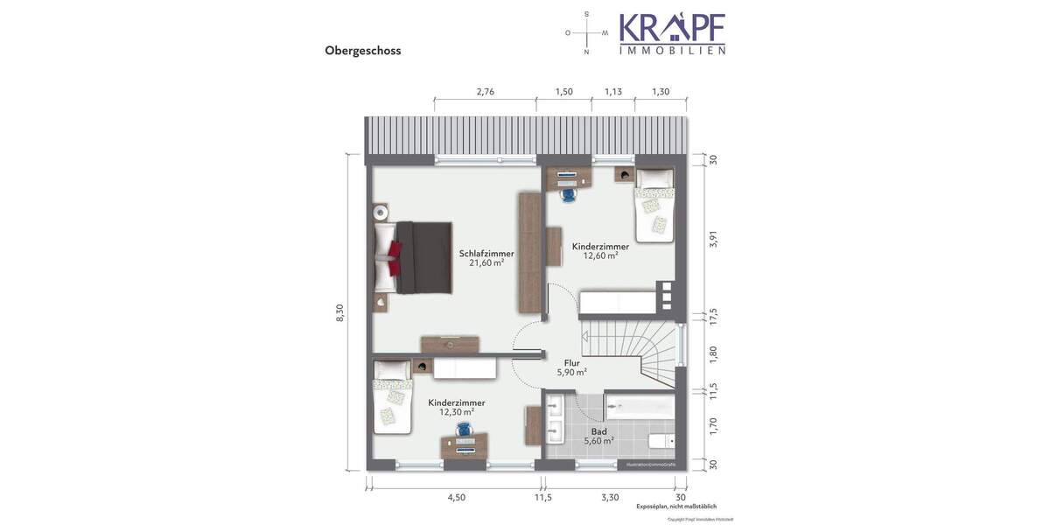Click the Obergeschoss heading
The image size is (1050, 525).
[362, 51]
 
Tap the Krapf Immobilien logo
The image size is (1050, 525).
[672, 34]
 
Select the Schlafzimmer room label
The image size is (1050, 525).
[486, 254]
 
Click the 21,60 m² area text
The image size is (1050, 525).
[486, 262]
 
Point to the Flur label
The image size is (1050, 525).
[572, 362]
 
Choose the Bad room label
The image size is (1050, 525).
[598, 431]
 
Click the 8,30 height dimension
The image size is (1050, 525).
[340, 312]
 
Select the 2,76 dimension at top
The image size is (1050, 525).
[485, 92]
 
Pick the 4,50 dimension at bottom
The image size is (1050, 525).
[456, 497]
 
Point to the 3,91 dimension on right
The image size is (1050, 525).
[712, 239]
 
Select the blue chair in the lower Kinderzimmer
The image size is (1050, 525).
[462, 430]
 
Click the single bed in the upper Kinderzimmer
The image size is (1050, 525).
[654, 206]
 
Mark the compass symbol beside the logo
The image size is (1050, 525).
[586, 34]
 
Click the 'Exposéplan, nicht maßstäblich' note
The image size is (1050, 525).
[676, 506]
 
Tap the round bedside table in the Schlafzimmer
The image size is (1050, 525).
[380, 212]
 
